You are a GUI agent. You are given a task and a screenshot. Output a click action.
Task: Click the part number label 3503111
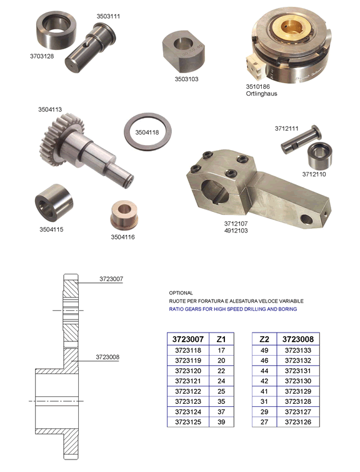pos(108,16)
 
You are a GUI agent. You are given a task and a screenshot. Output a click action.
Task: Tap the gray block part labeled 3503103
pos(184,51)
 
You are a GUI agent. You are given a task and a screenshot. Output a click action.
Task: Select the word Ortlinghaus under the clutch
pos(261,94)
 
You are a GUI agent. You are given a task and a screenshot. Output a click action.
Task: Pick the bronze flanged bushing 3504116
pos(124,213)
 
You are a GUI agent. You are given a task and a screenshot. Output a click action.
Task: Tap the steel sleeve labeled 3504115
pos(54,203)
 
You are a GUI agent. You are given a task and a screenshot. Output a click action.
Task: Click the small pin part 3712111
pos(301,139)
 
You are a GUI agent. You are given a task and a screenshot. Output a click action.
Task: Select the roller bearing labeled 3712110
pos(319,156)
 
